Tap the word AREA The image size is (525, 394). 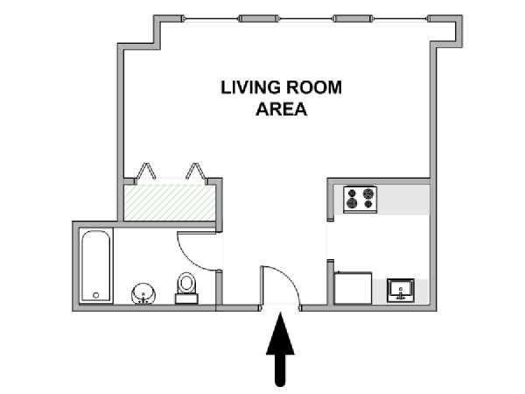pyautogui.click(x=281, y=109)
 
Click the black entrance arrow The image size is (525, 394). pyautogui.click(x=280, y=349)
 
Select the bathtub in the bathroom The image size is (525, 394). pyautogui.click(x=96, y=265)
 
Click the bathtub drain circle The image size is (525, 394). pyautogui.click(x=96, y=295)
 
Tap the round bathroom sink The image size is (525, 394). pyautogui.click(x=143, y=294)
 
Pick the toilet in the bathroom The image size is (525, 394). pyautogui.click(x=186, y=288)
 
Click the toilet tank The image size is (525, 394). pyautogui.click(x=186, y=299)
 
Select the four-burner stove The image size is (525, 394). pyautogui.click(x=360, y=200)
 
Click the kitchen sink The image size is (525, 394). pyautogui.click(x=401, y=291)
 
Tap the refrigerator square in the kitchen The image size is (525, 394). pyautogui.click(x=353, y=288)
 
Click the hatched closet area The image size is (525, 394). pyautogui.click(x=170, y=203)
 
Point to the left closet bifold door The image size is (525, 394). pyautogui.click(x=145, y=172)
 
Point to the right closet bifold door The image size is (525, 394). pyautogui.click(x=197, y=172)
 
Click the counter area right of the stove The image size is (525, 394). pyautogui.click(x=402, y=200)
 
